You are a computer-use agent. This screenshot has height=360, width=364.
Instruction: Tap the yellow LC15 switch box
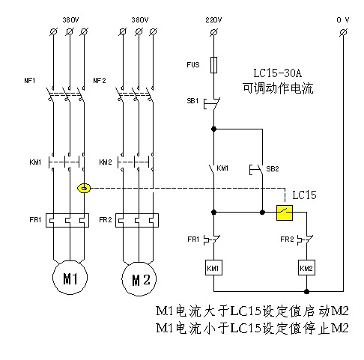pyautogui.click(x=285, y=213)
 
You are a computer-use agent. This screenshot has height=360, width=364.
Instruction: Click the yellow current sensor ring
pyautogui.click(x=84, y=189)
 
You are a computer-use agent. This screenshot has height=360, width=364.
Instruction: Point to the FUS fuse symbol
pyautogui.click(x=213, y=65)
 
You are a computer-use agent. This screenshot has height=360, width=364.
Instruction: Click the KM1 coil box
pyautogui.click(x=213, y=268)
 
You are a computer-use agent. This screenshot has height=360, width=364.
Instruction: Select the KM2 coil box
pyautogui.click(x=306, y=268)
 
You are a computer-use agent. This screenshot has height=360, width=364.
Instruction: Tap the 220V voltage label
pyautogui.click(x=213, y=20)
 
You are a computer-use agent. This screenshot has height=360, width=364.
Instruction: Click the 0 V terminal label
pyautogui.click(x=343, y=19)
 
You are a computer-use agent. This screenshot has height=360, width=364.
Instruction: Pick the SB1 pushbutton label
pyautogui.click(x=192, y=101)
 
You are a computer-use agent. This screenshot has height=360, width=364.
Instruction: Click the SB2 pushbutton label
pyautogui.click(x=273, y=169)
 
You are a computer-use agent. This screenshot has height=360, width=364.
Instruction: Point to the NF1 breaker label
pyautogui.click(x=30, y=81)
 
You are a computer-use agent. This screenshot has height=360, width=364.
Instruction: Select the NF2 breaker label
pyautogui.click(x=100, y=81)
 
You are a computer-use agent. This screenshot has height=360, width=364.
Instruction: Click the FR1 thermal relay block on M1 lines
pyautogui.click(x=67, y=220)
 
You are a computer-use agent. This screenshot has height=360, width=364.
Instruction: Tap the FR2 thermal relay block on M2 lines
pyautogui.click(x=137, y=220)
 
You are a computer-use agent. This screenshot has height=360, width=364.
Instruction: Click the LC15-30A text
pyautogui.click(x=278, y=73)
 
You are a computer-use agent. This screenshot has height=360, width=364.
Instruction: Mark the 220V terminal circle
pyautogui.click(x=213, y=32)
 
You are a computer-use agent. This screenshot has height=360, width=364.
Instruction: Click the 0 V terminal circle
pyautogui.click(x=344, y=32)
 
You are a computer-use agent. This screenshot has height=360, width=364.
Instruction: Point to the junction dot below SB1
pyautogui.click(x=213, y=129)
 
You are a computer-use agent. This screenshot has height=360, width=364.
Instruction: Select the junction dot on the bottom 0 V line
pyautogui.click(x=307, y=291)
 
